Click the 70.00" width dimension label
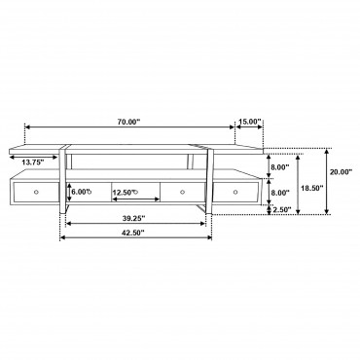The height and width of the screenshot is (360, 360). pos(128,122)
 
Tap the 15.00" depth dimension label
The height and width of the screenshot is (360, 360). pos(250,122)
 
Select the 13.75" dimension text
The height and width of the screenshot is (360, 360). pos(33,162)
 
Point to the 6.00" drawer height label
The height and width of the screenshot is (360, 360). pos(82,192)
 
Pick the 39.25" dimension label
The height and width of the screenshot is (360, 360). pos(133,218)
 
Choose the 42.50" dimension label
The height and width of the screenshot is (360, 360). pos(133,233)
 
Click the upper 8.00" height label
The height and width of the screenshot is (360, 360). pos(280,167)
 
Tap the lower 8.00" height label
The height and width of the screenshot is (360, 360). pos(280,193)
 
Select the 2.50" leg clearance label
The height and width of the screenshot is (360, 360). pos(282,209)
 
